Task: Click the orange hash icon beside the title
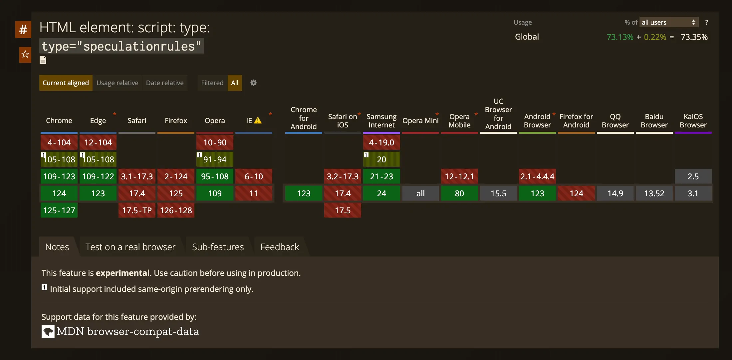tap(23, 30)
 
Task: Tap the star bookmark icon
tap(25, 54)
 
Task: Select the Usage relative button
tap(117, 83)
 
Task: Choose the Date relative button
tap(165, 83)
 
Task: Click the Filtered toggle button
tap(212, 83)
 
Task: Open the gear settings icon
tap(254, 83)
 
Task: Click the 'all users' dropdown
tap(668, 22)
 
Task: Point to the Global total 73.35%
tap(694, 37)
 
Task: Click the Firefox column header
tap(176, 120)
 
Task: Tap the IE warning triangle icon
tap(258, 120)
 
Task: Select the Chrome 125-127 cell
tap(59, 210)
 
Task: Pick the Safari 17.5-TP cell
tap(137, 210)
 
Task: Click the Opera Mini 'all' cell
tap(420, 193)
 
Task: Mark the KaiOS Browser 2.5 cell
tap(693, 176)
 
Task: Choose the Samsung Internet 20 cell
tap(381, 159)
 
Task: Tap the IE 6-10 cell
tap(254, 176)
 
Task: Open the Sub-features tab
tap(218, 247)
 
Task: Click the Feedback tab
tap(280, 247)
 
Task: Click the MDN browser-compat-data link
tap(127, 331)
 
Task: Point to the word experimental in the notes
tap(122, 273)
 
